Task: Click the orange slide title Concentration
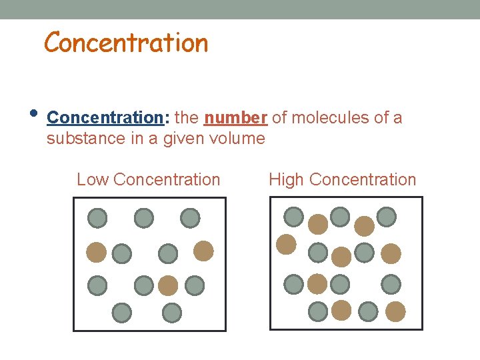(x=126, y=43)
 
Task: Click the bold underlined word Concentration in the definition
(x=105, y=118)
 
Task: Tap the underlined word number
(x=235, y=118)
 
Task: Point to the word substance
(x=81, y=139)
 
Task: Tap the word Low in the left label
(x=93, y=180)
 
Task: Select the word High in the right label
(x=287, y=180)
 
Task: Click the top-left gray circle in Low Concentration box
(x=97, y=218)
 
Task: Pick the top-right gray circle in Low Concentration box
(x=190, y=218)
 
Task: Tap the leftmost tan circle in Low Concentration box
(x=97, y=251)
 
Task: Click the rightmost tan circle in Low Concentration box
(x=203, y=251)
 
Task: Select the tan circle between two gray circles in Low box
(x=168, y=285)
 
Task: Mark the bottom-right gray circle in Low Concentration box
(x=172, y=312)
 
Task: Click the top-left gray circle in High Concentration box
(x=294, y=217)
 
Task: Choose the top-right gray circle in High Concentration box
(x=386, y=217)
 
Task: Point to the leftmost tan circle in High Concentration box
(x=286, y=245)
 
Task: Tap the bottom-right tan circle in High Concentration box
(x=395, y=311)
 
